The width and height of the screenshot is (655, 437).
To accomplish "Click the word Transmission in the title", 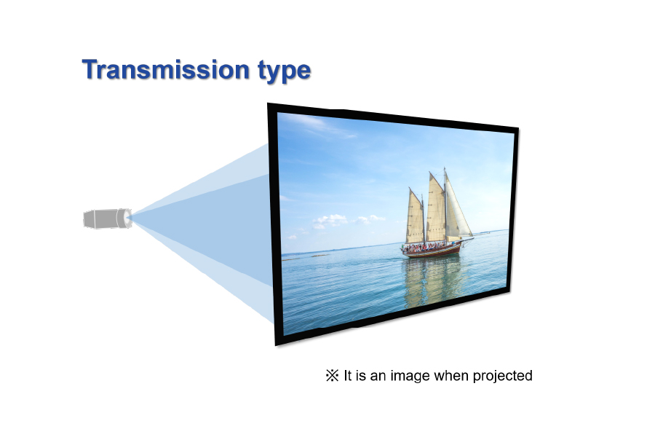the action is [x=165, y=69].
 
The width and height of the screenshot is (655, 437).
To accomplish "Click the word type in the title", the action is [x=285, y=71].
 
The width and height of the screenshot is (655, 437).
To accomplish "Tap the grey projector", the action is [x=108, y=219].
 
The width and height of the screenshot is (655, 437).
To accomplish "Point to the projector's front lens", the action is [x=127, y=218].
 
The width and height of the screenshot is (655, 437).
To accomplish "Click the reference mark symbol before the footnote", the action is [x=332, y=375].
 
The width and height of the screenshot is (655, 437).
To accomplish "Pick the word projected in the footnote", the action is [x=502, y=376].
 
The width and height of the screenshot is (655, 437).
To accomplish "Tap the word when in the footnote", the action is [x=451, y=375].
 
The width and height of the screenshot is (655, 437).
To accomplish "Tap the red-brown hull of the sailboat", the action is [x=432, y=251].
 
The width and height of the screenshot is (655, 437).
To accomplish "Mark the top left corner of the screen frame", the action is [x=268, y=103].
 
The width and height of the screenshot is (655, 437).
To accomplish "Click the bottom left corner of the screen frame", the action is [x=276, y=345].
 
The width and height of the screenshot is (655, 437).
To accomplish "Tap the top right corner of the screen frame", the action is [x=518, y=127].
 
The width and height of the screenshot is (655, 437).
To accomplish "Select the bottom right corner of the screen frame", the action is [x=510, y=292].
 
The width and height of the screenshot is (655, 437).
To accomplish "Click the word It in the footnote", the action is [x=348, y=375].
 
